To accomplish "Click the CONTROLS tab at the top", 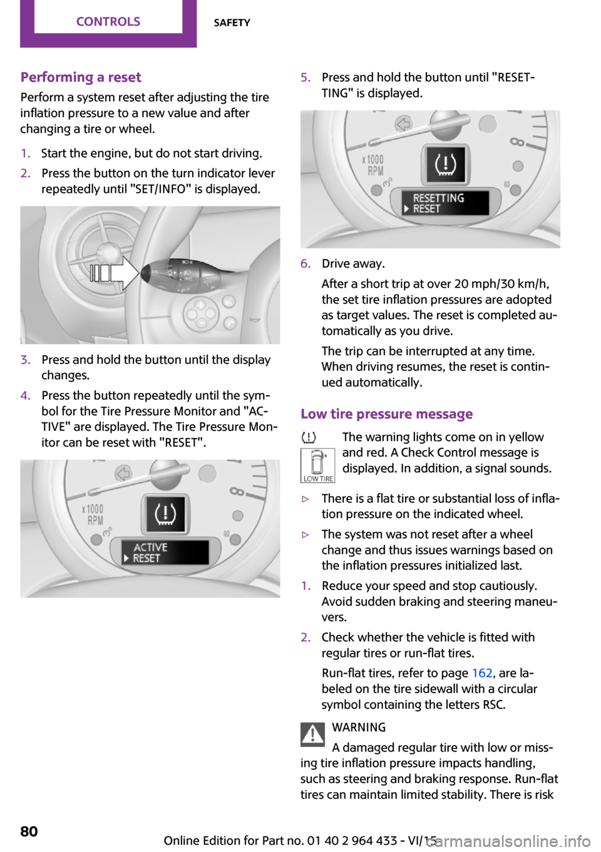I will coord(108,22).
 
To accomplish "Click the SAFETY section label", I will coord(232,23).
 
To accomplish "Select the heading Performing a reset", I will coord(81,77).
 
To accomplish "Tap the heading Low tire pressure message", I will coord(386,414).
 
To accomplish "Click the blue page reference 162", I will coord(482,673).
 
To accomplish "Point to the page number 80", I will coord(29,831).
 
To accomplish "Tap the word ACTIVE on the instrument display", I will coord(150,547).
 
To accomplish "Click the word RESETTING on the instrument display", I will coord(438,198).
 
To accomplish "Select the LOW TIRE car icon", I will coord(317,465).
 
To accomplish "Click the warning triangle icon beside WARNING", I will coord(312,734).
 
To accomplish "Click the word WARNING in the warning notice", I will coord(359,728).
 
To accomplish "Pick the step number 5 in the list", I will coord(305,78).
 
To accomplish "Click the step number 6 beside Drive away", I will coord(305,264).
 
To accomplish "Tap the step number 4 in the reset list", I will coord(25,395).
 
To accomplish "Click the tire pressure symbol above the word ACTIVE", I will coord(165,514).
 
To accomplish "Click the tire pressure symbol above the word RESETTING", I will coord(445,164).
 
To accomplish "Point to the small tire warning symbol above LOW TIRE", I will coord(308,438).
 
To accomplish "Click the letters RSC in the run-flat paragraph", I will coord(494,704).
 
